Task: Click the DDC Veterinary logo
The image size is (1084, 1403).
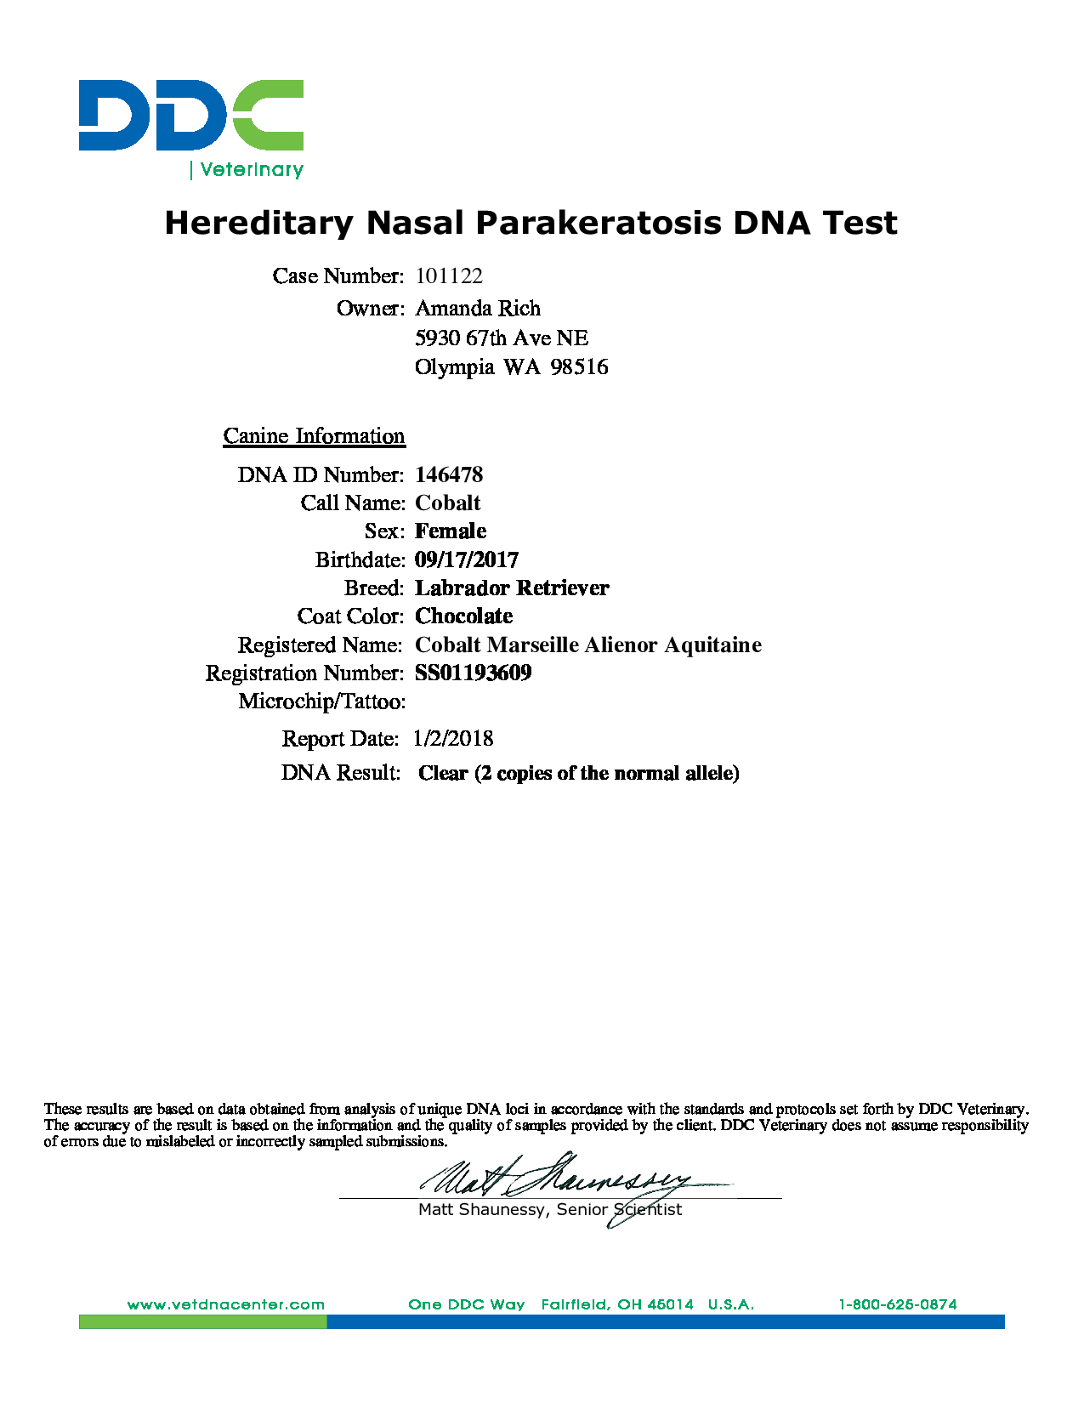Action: tap(191, 128)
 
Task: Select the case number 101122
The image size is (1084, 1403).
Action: tap(449, 276)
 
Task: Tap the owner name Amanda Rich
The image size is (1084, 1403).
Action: tap(478, 308)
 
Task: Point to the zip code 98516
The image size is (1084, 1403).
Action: tap(579, 367)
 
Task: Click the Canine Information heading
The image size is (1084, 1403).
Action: tap(314, 436)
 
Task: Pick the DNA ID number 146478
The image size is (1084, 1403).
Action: tap(449, 474)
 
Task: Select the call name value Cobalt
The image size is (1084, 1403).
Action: tap(448, 503)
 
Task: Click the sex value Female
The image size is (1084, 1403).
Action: tap(451, 531)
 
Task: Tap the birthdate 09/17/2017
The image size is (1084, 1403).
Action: tap(467, 559)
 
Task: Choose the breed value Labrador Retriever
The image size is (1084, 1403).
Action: tap(512, 588)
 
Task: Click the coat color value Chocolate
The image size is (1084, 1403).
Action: tap(464, 616)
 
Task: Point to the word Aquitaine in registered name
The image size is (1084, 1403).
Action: tap(712, 645)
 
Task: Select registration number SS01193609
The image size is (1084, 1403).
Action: tap(474, 673)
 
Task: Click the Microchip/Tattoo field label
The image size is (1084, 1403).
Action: tap(321, 701)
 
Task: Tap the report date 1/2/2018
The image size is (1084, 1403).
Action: tap(453, 739)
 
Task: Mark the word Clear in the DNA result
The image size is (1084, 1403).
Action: tap(443, 773)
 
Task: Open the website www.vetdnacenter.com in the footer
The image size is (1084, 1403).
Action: tap(226, 1304)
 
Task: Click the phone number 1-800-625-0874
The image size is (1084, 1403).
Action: tap(898, 1304)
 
